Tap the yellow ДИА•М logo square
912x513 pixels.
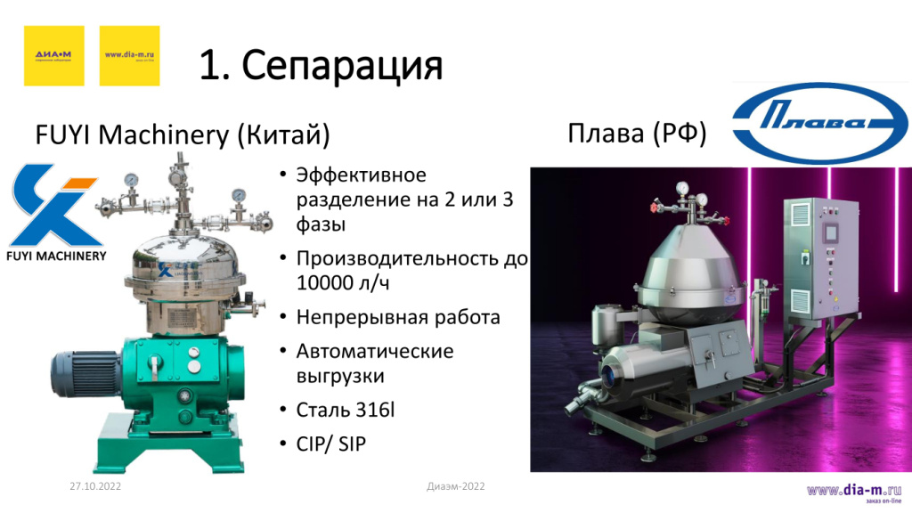[53, 55]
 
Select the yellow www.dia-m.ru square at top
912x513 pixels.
[129, 55]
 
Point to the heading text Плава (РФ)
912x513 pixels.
[637, 134]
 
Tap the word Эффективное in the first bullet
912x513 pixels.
[362, 175]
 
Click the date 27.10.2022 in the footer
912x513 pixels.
[94, 486]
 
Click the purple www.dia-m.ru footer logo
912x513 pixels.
[854, 492]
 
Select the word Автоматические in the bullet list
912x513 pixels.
[375, 351]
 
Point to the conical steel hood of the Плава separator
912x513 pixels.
[692, 259]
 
